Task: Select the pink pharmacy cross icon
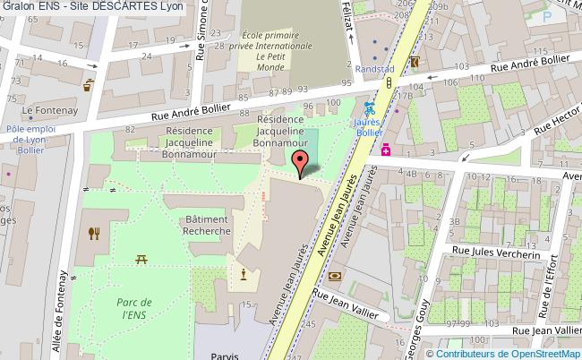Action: (386, 150)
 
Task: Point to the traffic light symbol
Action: (390, 83)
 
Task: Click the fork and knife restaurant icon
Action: (94, 235)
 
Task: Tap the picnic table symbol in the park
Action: (141, 260)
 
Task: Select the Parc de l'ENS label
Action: (132, 308)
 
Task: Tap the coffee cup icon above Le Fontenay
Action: (88, 87)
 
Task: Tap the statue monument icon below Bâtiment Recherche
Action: (243, 273)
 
